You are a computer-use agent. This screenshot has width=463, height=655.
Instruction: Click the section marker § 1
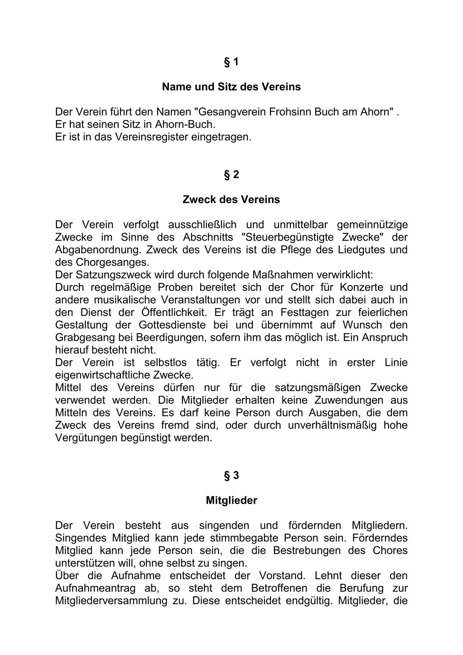[x=231, y=62]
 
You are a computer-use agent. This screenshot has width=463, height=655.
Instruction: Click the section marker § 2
[x=231, y=174]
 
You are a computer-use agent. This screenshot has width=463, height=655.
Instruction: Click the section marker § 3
[x=231, y=475]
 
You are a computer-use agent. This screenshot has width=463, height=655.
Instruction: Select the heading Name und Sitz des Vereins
[x=231, y=87]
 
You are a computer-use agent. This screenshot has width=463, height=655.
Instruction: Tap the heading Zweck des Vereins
[x=231, y=200]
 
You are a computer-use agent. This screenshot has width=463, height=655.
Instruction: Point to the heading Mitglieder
[x=231, y=500]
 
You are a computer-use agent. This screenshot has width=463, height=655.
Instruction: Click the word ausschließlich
[x=202, y=225]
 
